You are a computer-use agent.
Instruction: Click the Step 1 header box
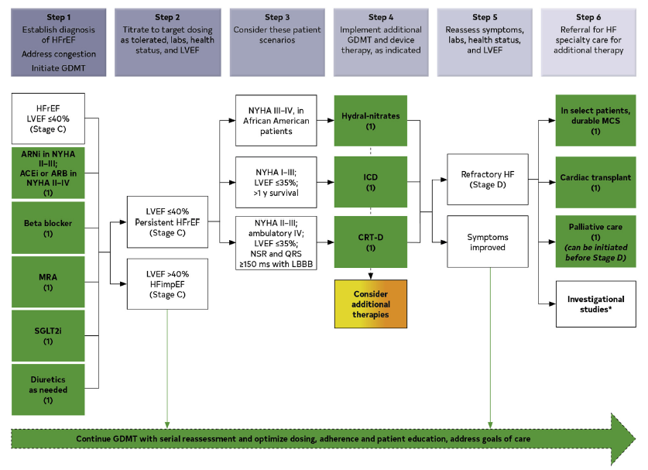tap(58, 43)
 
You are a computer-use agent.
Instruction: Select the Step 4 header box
tap(381, 43)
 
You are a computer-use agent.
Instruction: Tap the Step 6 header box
tap(588, 43)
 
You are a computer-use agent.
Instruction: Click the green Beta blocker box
tap(48, 228)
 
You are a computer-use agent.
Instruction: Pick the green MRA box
tap(48, 282)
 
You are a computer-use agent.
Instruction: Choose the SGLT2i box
tap(48, 335)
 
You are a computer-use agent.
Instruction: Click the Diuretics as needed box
tap(48, 389)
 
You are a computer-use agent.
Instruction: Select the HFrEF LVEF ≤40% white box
tap(48, 118)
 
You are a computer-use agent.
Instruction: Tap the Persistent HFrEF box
tap(167, 222)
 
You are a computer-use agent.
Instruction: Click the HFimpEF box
tap(167, 284)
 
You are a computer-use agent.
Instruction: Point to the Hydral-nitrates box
tap(371, 121)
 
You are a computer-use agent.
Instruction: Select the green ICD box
tap(371, 182)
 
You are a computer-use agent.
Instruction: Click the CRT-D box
tap(371, 242)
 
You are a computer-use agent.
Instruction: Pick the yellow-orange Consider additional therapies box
tap(371, 304)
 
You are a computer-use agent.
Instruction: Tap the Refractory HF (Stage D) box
tap(488, 180)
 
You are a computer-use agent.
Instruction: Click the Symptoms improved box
tap(488, 242)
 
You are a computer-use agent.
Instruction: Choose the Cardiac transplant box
tap(595, 182)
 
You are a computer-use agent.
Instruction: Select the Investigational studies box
tap(596, 304)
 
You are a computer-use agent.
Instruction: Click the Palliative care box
tap(595, 242)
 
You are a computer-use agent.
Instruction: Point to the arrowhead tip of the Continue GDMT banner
tap(635, 439)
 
